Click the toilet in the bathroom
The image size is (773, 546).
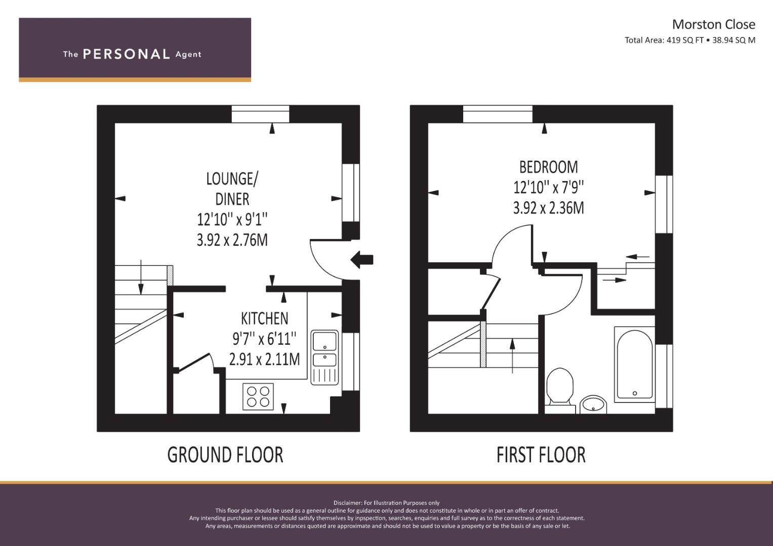point(560,387)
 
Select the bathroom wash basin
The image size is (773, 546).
point(593,404)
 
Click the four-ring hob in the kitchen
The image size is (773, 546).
point(258,396)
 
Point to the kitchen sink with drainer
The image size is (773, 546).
point(324,357)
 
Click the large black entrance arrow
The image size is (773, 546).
point(362,260)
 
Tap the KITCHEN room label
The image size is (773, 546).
point(264,318)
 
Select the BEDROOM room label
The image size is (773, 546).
point(548,167)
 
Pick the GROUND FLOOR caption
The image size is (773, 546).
point(225,454)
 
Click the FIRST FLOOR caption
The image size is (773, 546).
point(541,454)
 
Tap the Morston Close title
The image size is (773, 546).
point(713,24)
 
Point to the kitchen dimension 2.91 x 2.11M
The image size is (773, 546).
point(264,359)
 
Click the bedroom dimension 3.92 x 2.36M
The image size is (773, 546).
point(548,208)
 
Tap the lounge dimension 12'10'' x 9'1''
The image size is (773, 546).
point(232,219)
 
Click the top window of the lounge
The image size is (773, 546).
point(260,114)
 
